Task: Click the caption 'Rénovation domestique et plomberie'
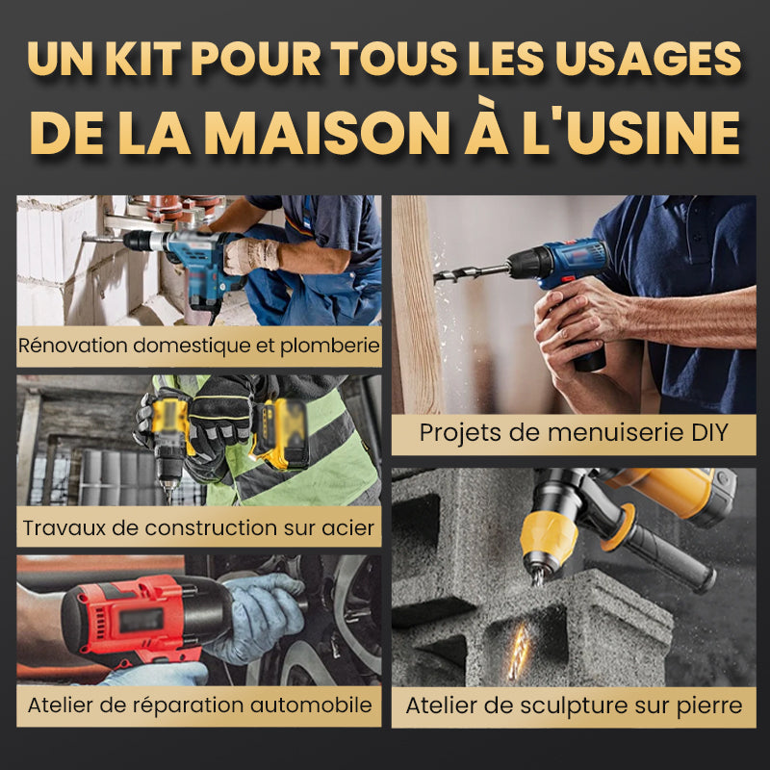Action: pos(199,346)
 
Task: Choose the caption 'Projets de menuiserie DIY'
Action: pos(574,432)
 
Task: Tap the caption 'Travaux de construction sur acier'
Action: pos(199,526)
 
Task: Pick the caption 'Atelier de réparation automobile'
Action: pos(199,705)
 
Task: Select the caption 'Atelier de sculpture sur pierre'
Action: pos(574,706)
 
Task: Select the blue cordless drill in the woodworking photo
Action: pos(568,274)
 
